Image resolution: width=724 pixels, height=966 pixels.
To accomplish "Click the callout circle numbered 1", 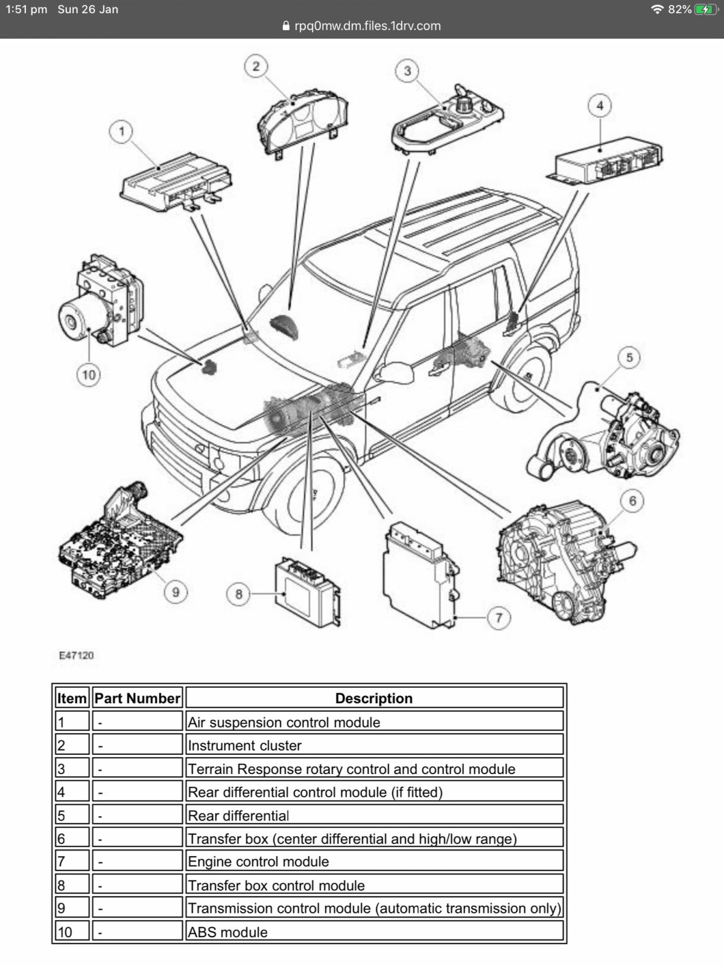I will pyautogui.click(x=122, y=131).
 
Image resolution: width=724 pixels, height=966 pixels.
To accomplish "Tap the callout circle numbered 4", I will pyautogui.click(x=599, y=106).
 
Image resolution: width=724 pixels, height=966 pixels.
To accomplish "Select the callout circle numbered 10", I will pyautogui.click(x=89, y=374).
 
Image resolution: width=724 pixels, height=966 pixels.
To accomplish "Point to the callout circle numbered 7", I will pyautogui.click(x=498, y=618).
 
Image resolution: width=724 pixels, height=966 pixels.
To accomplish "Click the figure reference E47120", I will pyautogui.click(x=76, y=655).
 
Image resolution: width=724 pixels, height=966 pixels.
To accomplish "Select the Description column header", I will pyautogui.click(x=373, y=698).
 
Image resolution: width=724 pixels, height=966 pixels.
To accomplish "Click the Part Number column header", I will pyautogui.click(x=137, y=698).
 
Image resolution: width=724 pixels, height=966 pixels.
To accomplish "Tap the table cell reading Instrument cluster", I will pyautogui.click(x=244, y=746).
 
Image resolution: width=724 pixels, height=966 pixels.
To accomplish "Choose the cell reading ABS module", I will pyautogui.click(x=227, y=932).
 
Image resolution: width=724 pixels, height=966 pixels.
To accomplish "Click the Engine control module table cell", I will pyautogui.click(x=258, y=862).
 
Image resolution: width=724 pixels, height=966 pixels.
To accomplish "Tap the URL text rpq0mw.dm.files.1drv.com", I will pyautogui.click(x=367, y=26).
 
